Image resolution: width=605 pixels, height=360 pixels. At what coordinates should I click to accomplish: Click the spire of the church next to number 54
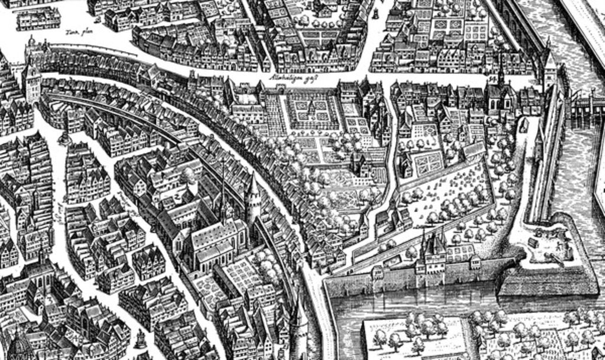tap(501, 74)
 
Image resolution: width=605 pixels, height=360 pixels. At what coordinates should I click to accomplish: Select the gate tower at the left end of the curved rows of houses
tap(32, 74)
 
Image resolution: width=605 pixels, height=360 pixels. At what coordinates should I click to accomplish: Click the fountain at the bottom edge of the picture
tap(141, 339)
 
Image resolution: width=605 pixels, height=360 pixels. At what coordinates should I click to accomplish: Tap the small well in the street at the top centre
tap(375, 13)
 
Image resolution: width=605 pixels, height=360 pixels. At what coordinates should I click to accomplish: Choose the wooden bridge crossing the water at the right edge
tap(585, 106)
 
